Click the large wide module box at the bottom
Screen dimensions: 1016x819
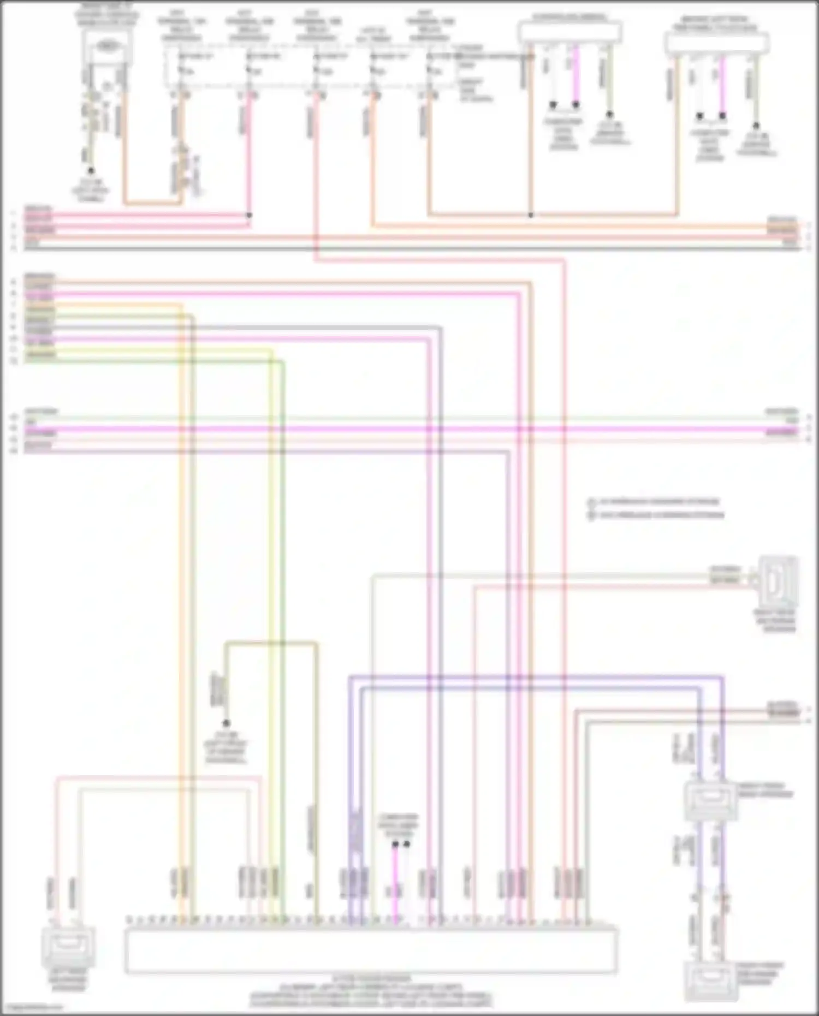371,950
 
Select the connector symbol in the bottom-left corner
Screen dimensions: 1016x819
68,948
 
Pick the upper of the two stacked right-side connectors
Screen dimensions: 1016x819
710,800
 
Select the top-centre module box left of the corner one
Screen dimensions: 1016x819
570,33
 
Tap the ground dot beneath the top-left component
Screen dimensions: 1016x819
91,170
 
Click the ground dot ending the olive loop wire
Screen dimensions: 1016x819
226,723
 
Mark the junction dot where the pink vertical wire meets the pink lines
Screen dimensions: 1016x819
249,215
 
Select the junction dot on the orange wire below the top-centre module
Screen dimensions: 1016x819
530,215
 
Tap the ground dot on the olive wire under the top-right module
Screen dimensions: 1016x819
756,125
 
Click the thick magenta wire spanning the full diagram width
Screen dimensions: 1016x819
410,430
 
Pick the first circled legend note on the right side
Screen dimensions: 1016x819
591,502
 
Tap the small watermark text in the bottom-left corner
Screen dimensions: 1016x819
32,1008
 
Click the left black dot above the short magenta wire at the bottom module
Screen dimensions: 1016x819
395,844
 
